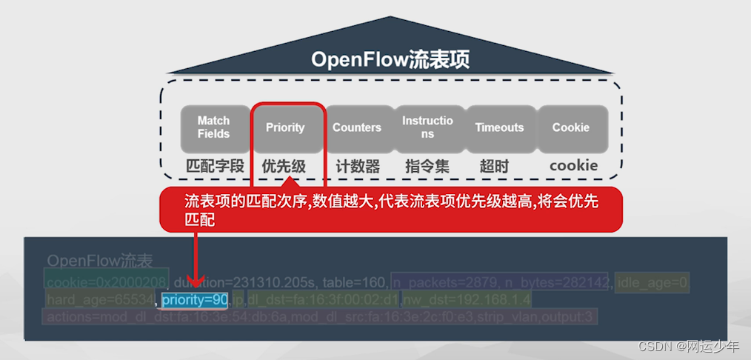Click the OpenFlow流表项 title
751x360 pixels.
390,59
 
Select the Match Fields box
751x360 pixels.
213,127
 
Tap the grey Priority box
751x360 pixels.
285,127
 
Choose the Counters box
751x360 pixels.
357,127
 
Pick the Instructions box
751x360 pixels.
427,127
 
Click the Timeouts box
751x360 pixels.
499,127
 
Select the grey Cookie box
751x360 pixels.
571,127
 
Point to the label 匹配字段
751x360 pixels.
214,166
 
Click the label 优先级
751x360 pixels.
284,166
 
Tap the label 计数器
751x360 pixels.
357,166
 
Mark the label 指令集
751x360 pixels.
427,166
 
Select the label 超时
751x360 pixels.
494,166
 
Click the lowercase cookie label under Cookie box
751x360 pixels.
573,166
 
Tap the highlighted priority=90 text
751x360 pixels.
196,300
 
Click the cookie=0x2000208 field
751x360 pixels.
107,281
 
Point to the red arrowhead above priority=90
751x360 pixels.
196,282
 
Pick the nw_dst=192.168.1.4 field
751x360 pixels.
467,300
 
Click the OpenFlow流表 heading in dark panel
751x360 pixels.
99,261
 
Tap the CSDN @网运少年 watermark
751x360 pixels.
689,346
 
